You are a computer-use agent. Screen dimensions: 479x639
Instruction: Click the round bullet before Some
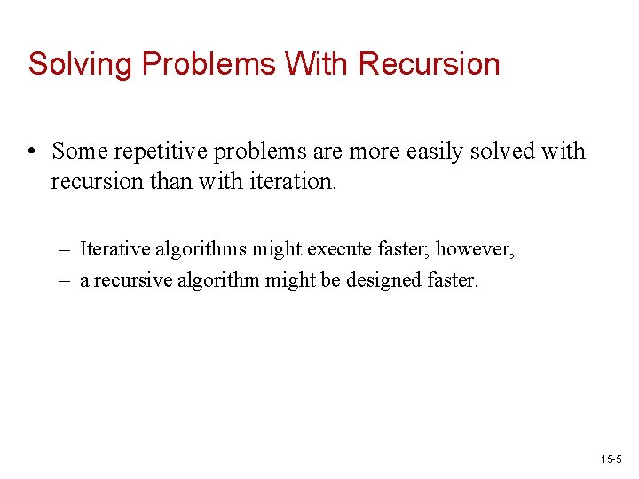(32, 152)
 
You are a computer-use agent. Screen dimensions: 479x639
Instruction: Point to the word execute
(344, 249)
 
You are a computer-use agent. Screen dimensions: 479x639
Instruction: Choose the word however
(480, 249)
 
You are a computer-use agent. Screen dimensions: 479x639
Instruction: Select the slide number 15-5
(611, 459)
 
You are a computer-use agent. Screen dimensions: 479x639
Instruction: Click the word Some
(78, 152)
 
